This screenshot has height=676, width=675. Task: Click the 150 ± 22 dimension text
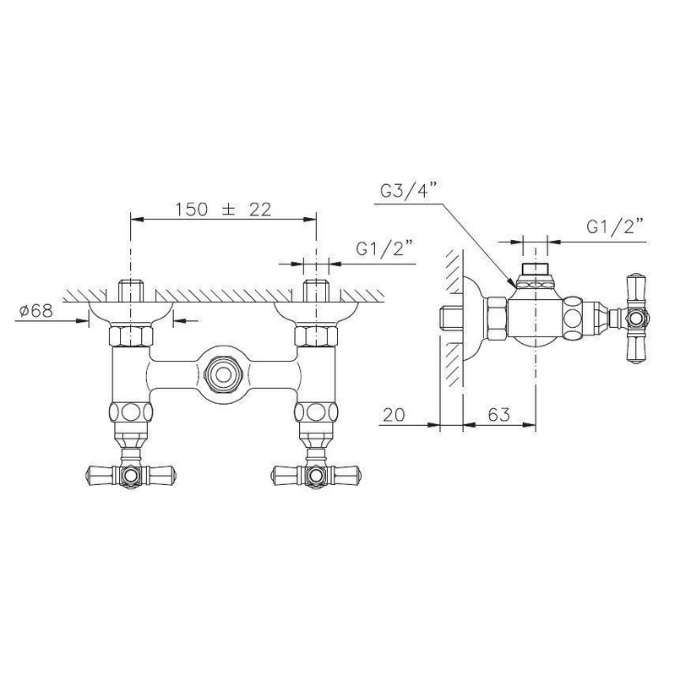[223, 209]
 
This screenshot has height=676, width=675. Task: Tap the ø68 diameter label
[36, 310]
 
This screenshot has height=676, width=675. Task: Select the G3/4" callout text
[409, 190]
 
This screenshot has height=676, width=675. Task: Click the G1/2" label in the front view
[385, 249]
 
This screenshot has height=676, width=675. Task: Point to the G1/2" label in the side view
[616, 226]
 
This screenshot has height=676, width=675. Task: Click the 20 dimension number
[394, 415]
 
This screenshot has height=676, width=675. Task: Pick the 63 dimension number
[499, 415]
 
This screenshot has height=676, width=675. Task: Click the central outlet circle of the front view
[222, 374]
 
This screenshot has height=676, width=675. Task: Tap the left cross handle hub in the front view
[131, 475]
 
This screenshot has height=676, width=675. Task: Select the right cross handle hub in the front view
[316, 475]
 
